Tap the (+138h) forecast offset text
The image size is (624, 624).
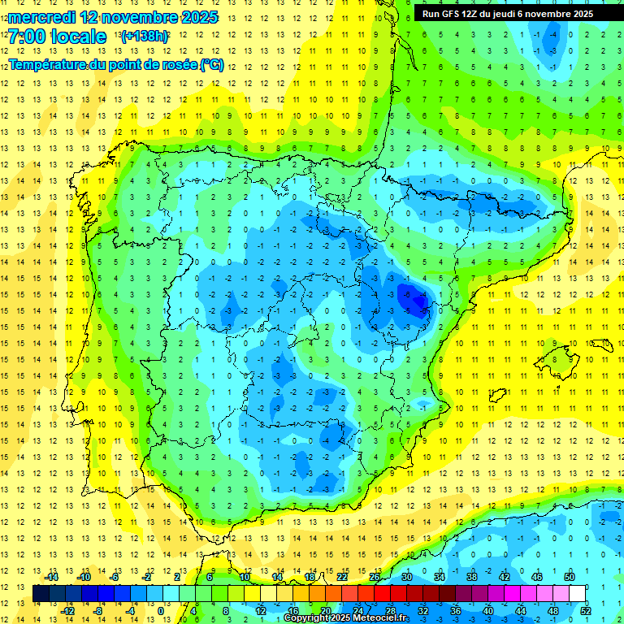click(145, 37)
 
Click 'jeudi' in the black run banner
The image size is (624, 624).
click(503, 14)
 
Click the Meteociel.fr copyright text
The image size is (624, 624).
click(357, 618)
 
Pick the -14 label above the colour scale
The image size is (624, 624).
click(52, 577)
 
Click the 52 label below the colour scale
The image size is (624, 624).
click(585, 610)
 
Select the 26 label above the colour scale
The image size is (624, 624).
click(375, 577)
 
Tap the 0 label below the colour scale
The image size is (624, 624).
click(160, 610)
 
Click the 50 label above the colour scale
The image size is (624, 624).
click(569, 577)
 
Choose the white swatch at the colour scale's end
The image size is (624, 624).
click(577, 593)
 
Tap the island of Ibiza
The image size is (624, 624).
click(497, 395)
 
